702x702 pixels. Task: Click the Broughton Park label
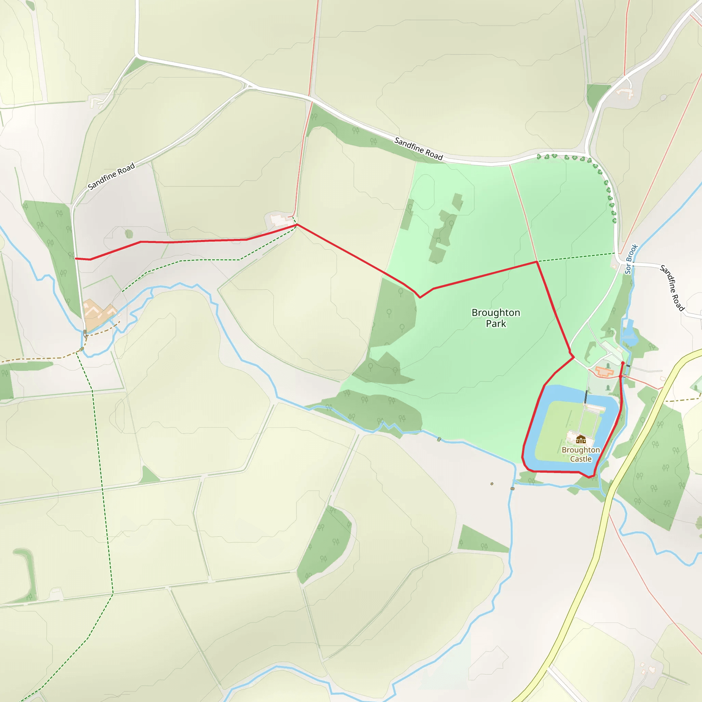496,318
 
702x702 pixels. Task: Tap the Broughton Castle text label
581,455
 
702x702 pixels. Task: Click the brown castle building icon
581,440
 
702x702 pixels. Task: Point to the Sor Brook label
631,259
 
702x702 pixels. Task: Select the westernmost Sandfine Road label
111,176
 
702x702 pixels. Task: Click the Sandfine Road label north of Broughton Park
419,149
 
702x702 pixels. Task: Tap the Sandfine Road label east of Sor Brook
672,288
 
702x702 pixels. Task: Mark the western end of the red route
75,258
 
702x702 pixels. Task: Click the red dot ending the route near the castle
623,363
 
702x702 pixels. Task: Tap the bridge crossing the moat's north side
586,397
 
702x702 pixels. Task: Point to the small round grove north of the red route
129,234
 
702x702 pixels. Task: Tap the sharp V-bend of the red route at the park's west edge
420,298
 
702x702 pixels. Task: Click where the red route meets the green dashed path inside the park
537,261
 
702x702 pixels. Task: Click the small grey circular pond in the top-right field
664,97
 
